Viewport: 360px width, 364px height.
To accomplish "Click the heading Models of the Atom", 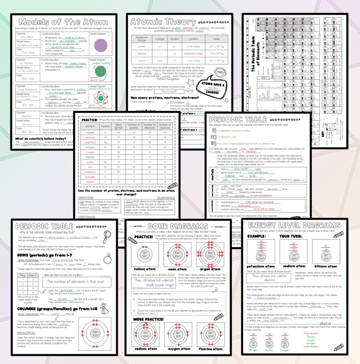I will [x=63, y=22].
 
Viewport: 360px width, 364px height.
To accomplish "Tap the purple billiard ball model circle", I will [x=101, y=45].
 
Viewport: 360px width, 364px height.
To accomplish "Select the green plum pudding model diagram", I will [x=101, y=71].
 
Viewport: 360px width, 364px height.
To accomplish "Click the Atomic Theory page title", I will [x=163, y=22].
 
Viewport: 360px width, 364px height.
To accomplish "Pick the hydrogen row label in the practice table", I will [x=90, y=177].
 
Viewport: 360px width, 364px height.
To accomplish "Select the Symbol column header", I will [x=105, y=126].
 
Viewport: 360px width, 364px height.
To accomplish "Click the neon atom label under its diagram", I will [x=178, y=269].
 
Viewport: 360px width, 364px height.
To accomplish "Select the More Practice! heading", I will [x=149, y=319].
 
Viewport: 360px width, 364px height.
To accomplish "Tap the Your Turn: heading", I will [x=292, y=236].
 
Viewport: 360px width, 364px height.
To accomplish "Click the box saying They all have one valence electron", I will [x=269, y=278].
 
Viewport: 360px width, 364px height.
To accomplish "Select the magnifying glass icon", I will [x=107, y=236].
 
